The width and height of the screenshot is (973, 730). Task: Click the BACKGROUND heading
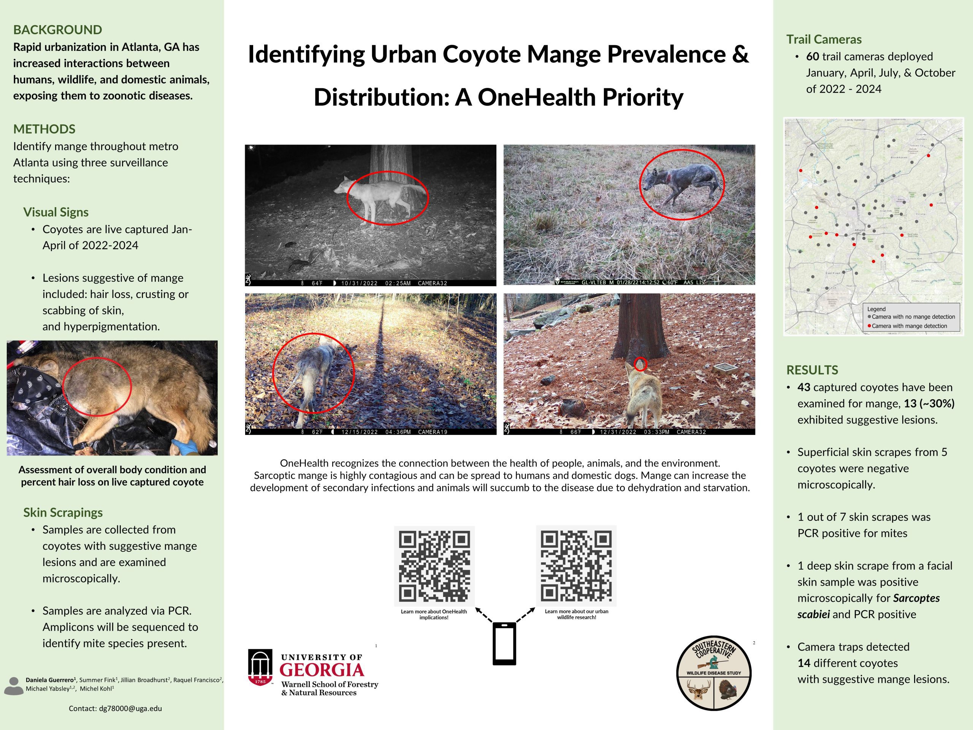(x=58, y=30)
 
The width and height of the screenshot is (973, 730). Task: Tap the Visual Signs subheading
(x=56, y=212)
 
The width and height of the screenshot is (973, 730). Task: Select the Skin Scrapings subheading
(x=63, y=513)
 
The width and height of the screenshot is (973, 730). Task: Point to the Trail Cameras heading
(x=824, y=40)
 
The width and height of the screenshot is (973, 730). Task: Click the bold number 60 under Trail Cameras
(x=813, y=57)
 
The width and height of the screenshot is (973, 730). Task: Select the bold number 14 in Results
(x=803, y=663)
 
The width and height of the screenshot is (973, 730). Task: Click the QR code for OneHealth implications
(x=434, y=566)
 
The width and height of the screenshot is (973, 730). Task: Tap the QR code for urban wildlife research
(x=576, y=566)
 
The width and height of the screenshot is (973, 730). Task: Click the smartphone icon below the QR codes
(x=504, y=643)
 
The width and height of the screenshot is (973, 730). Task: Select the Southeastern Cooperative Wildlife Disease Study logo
(x=713, y=673)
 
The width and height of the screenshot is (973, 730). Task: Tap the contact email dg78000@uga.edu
(x=115, y=708)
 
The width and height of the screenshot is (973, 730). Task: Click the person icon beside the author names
(x=14, y=686)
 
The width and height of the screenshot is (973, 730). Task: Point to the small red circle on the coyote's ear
(x=640, y=364)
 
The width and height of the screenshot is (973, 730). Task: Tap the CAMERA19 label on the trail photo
(x=433, y=432)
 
